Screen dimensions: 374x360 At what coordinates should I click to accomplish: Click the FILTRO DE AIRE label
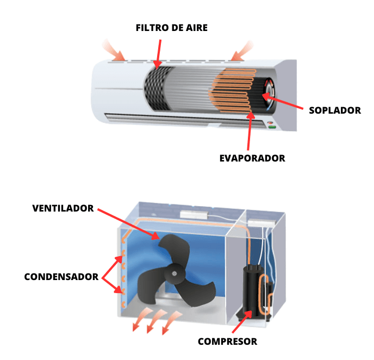(x=171, y=28)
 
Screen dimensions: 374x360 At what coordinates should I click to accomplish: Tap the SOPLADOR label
(x=335, y=110)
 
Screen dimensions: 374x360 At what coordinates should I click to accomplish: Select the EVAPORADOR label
(x=252, y=158)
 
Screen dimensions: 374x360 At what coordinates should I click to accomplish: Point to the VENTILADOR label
(x=63, y=208)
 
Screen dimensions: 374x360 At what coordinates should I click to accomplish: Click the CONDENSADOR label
(x=61, y=277)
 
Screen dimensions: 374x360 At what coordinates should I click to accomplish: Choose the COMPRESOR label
(x=228, y=342)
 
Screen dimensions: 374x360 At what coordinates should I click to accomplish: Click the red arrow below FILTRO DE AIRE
(x=158, y=54)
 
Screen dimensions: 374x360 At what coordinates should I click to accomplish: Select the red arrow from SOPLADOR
(x=283, y=101)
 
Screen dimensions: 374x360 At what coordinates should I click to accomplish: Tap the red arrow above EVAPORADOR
(x=250, y=131)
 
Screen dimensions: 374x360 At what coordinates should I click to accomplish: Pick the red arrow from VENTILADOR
(x=128, y=224)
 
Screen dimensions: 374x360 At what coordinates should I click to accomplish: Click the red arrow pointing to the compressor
(x=242, y=321)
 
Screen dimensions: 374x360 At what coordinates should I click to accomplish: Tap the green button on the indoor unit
(x=272, y=127)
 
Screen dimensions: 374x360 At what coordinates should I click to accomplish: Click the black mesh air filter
(x=158, y=88)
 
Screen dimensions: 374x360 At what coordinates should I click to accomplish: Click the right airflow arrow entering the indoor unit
(x=241, y=51)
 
